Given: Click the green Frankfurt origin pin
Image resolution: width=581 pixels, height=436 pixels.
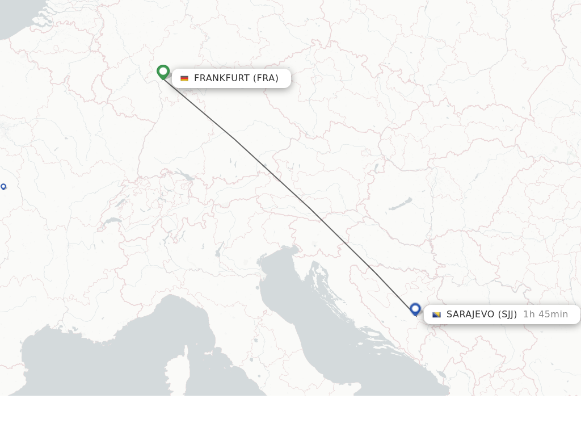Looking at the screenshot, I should coord(163,72).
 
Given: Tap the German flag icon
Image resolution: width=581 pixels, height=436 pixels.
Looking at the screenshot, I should coord(184,78).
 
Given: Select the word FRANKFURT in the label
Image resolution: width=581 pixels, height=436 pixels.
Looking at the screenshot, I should coord(222,78).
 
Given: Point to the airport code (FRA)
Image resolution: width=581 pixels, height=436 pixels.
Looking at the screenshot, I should coord(266,78).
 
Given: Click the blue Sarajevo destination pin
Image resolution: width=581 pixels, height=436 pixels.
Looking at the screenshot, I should coord(415,309).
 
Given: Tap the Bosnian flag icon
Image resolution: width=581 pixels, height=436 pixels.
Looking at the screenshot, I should coord(436,315).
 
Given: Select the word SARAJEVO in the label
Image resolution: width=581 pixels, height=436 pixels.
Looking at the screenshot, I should coord(470,315).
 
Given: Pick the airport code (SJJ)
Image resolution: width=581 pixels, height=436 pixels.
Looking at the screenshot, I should coord(507,315).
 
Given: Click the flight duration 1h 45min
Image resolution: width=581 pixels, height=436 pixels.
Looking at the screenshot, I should coord(545,315).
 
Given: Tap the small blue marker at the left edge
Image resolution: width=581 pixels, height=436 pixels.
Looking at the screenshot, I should coord(3,186).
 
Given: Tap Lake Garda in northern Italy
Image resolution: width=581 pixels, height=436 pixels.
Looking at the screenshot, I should coord(218,250).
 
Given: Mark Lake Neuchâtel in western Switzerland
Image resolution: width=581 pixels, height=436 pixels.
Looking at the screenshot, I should coord(120,203).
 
